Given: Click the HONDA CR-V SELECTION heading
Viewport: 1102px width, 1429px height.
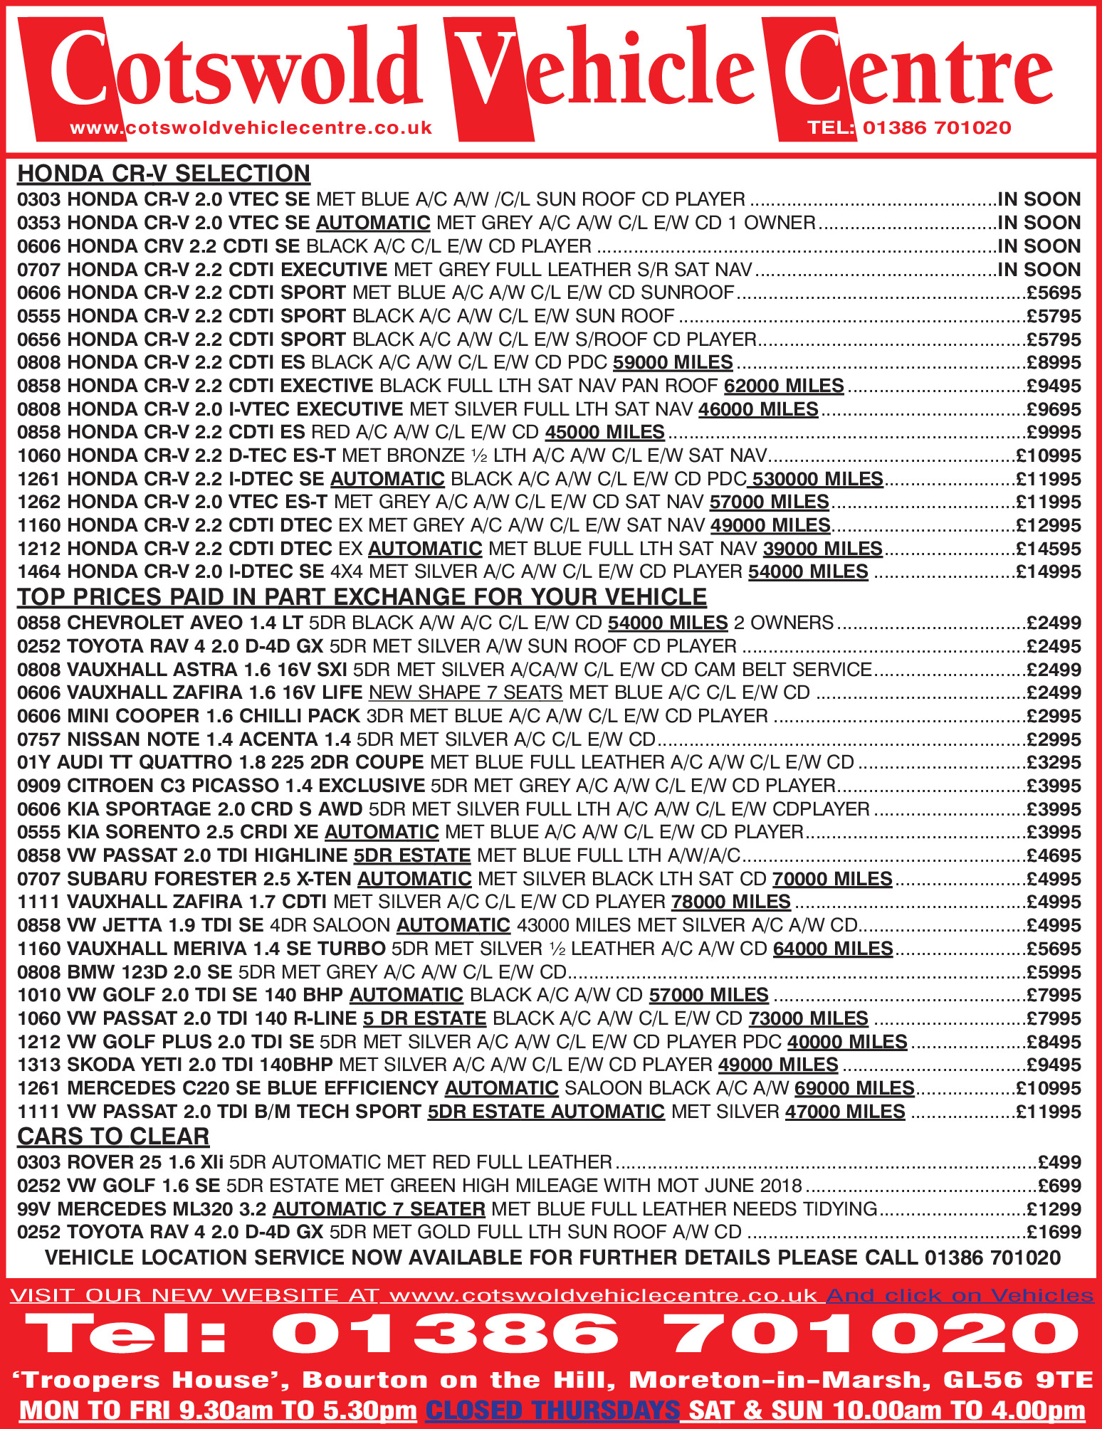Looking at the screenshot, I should coord(164,174).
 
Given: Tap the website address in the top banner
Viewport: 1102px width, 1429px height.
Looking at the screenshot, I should coord(251,128).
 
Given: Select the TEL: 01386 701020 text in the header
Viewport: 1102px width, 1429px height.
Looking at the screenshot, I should coord(909,128).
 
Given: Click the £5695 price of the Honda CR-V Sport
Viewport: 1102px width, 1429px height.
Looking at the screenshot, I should coord(1054,292).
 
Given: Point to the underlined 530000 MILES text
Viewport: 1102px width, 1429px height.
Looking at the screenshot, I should coord(818,479).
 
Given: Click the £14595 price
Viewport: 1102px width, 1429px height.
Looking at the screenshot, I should coord(1049,549).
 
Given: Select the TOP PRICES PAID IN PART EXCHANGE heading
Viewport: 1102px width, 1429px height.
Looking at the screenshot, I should coord(362,596).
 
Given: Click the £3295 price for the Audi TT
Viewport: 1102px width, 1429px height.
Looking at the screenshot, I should coord(1054,762).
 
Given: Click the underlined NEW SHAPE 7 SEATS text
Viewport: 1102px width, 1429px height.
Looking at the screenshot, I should coord(466,692).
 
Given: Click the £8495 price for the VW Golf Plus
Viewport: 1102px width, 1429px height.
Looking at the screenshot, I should coord(1054,1042).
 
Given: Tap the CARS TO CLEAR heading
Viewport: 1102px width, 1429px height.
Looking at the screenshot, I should coord(113,1137).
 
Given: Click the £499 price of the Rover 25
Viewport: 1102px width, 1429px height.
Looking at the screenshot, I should coord(1059,1162).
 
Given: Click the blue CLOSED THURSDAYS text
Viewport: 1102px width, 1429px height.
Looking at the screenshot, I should coord(552,1410).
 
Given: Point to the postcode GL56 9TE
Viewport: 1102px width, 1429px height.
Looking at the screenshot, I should coord(1017,1380).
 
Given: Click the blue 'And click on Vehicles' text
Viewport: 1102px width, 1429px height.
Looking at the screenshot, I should coord(959,1296).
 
